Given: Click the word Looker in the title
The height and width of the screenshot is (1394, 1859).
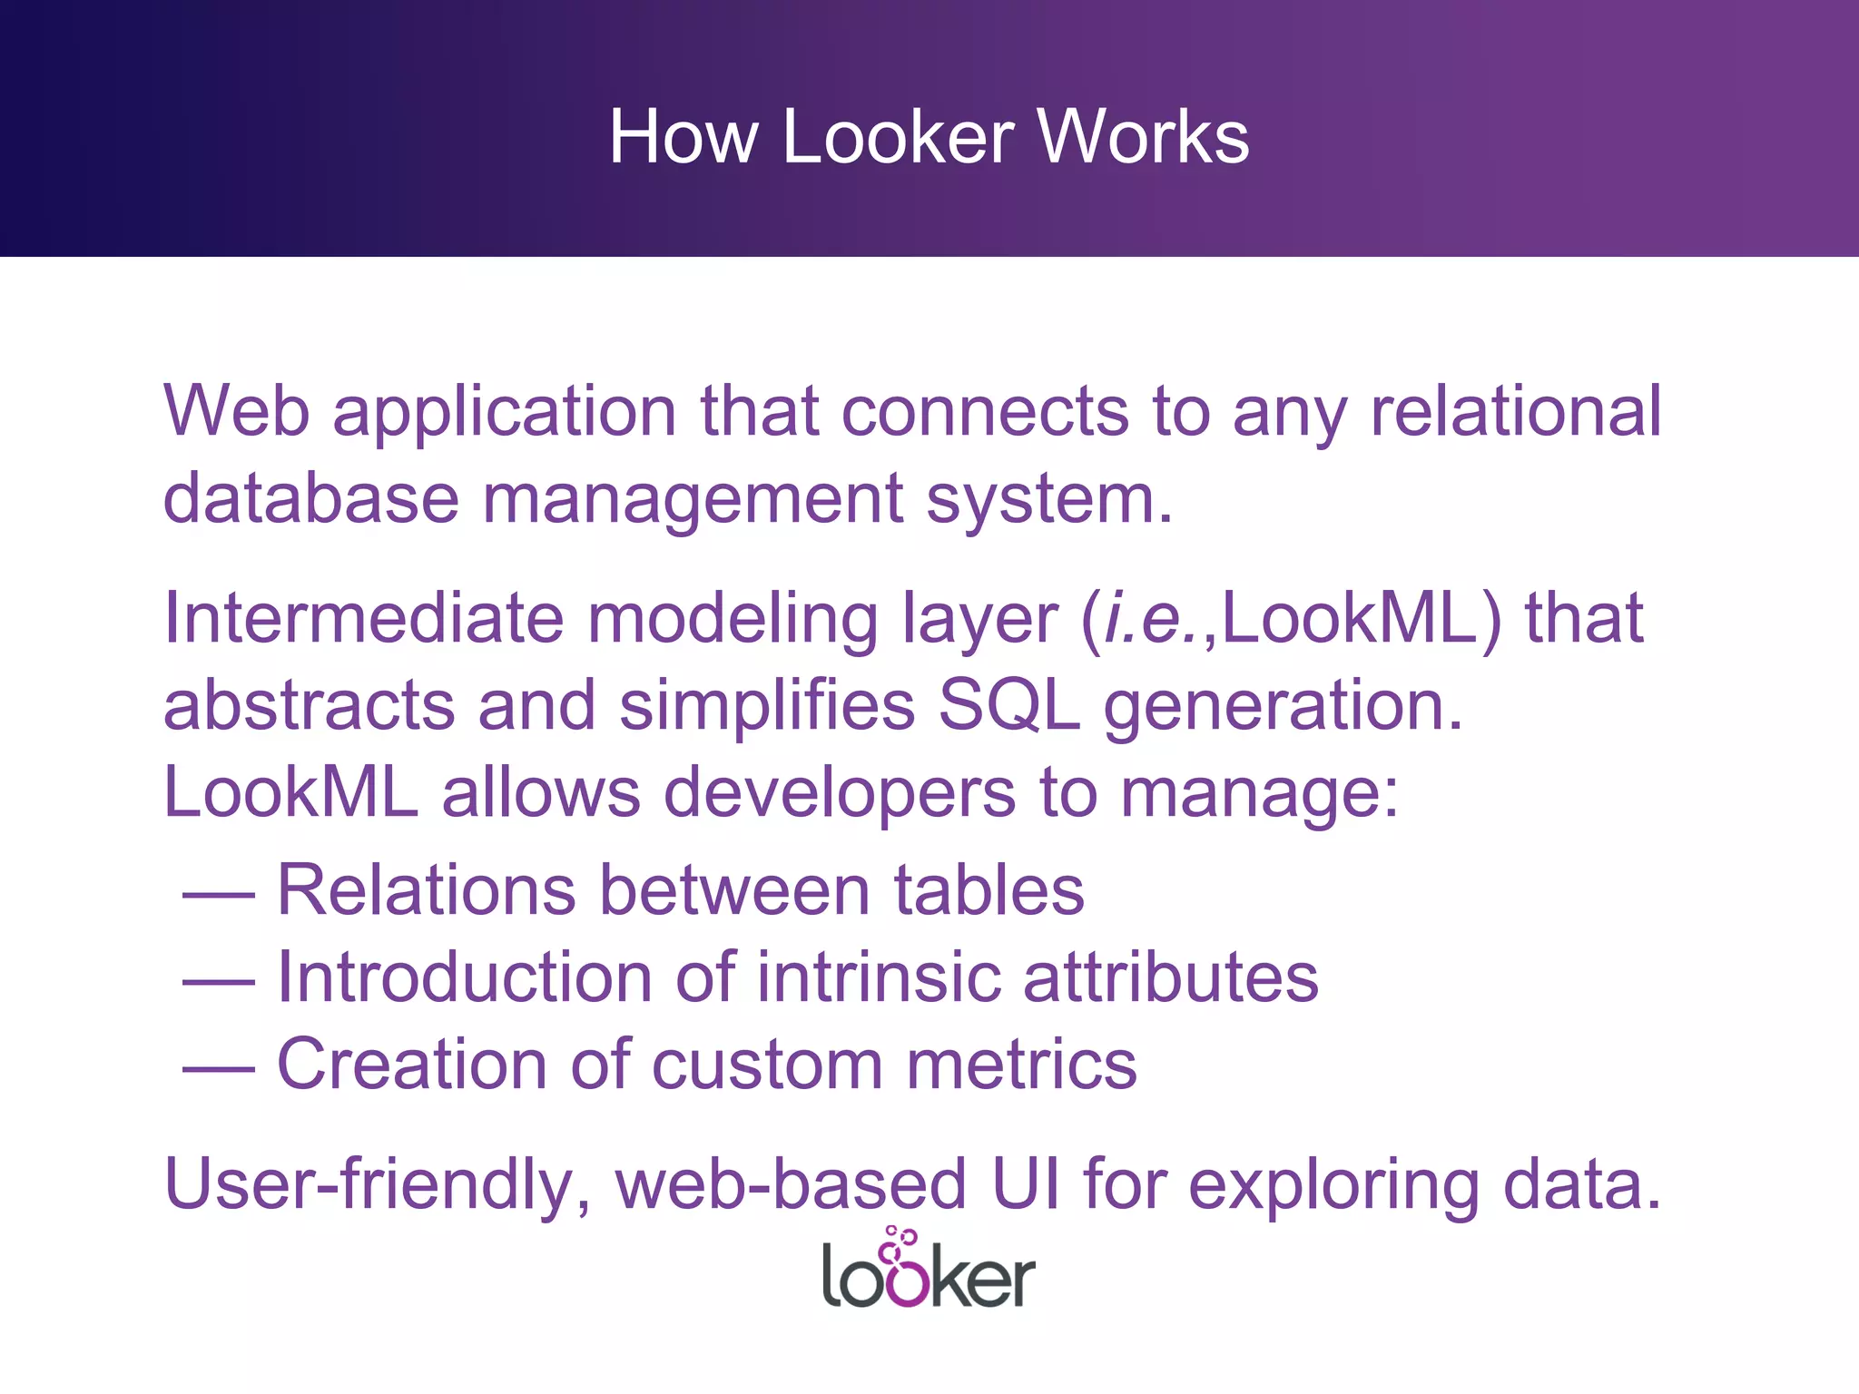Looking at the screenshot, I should (898, 137).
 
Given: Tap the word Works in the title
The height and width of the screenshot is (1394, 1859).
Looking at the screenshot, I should (1143, 137).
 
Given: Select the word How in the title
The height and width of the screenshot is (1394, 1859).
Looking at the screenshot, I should (683, 137).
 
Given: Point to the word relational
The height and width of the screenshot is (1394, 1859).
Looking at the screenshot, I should (1516, 411).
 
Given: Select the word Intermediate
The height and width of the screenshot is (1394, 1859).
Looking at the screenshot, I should (363, 618).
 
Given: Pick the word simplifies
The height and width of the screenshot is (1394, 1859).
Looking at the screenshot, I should (767, 705).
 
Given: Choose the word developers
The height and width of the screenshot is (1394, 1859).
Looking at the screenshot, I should (840, 792).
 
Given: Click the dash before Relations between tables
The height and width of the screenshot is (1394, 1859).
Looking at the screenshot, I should (219, 895).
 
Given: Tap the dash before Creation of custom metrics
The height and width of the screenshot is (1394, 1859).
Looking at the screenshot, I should (219, 1069).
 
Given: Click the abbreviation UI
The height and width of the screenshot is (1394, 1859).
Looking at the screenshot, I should (1026, 1184).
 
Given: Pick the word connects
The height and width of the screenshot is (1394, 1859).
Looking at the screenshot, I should (986, 411).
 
